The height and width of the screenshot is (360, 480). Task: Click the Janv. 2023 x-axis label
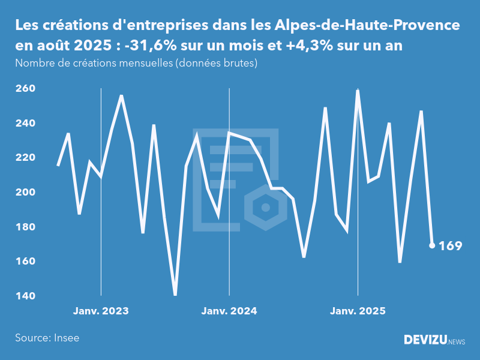tap(101, 311)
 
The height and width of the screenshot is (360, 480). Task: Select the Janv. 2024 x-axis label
tap(229, 311)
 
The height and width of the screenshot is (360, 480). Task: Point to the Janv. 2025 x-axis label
tap(358, 311)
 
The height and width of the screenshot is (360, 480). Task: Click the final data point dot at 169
tap(432, 245)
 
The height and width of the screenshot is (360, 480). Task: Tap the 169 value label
tap(451, 245)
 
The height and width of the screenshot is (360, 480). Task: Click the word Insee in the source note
tap(66, 338)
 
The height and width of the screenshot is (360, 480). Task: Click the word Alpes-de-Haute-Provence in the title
tap(368, 26)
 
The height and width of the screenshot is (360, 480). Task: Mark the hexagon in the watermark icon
tap(264, 208)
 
